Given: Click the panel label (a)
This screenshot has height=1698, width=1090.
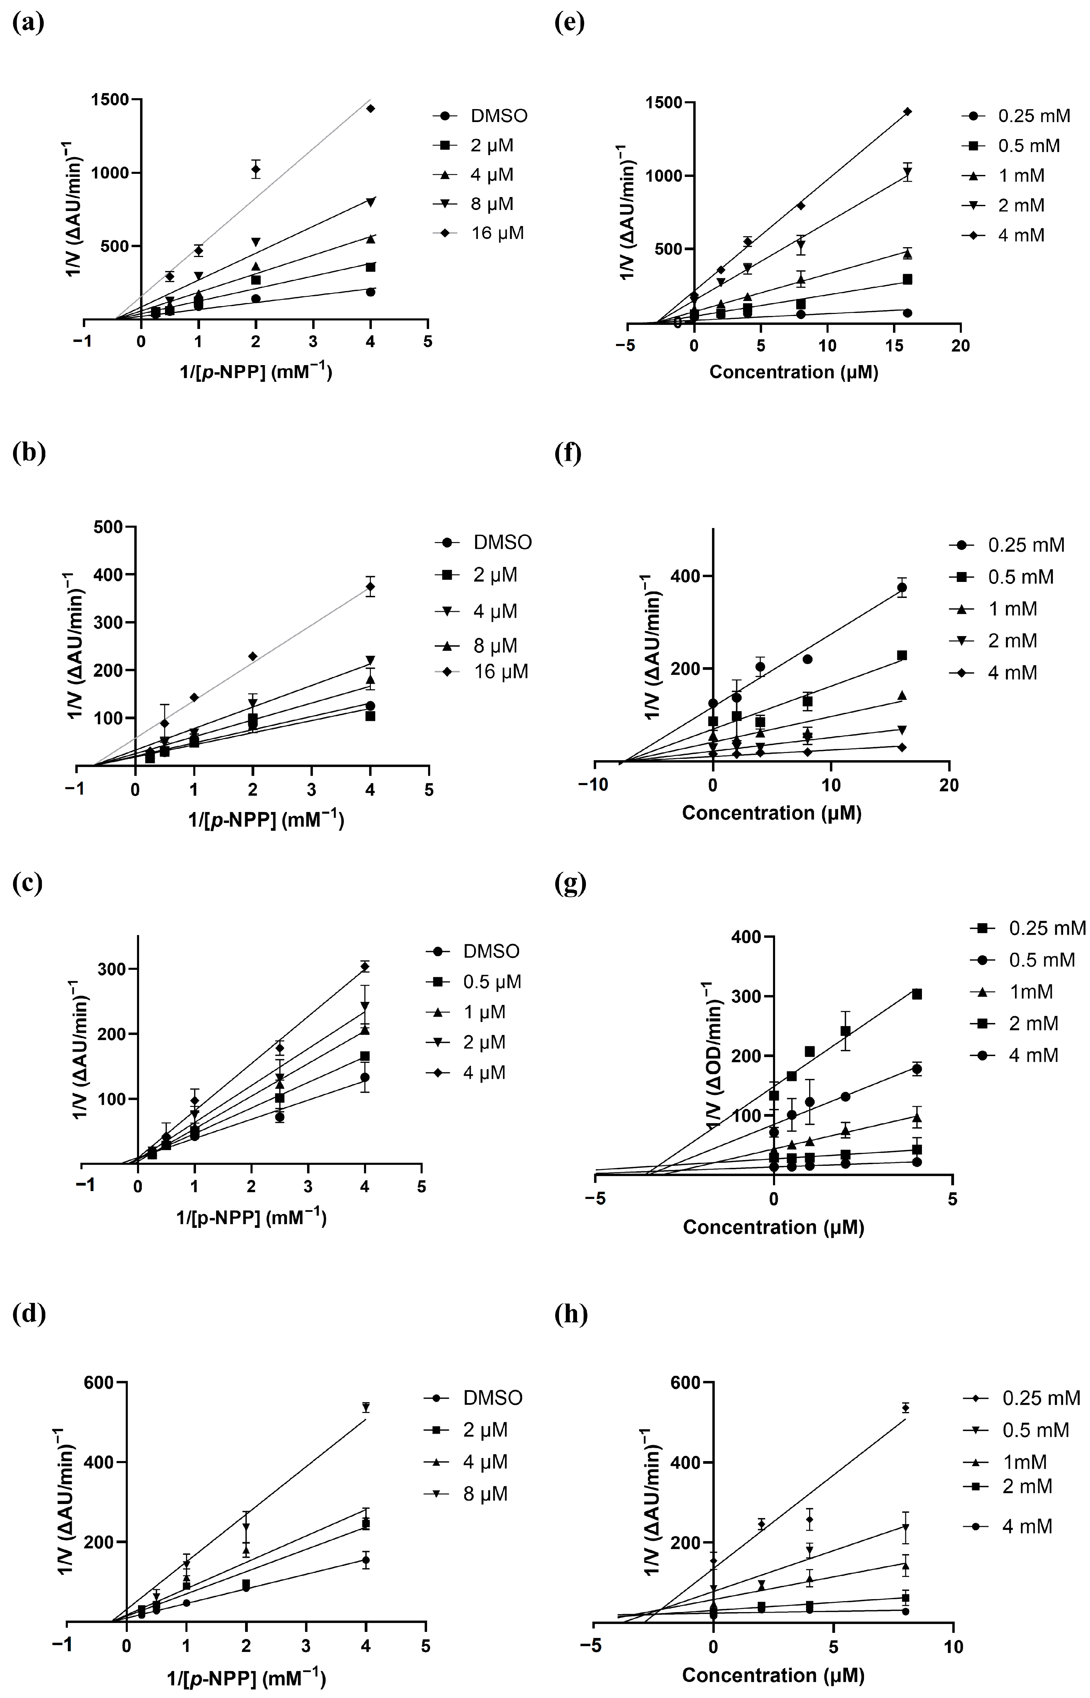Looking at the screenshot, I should tap(28, 24).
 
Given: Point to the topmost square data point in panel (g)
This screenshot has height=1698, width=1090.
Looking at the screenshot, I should tap(917, 994).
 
